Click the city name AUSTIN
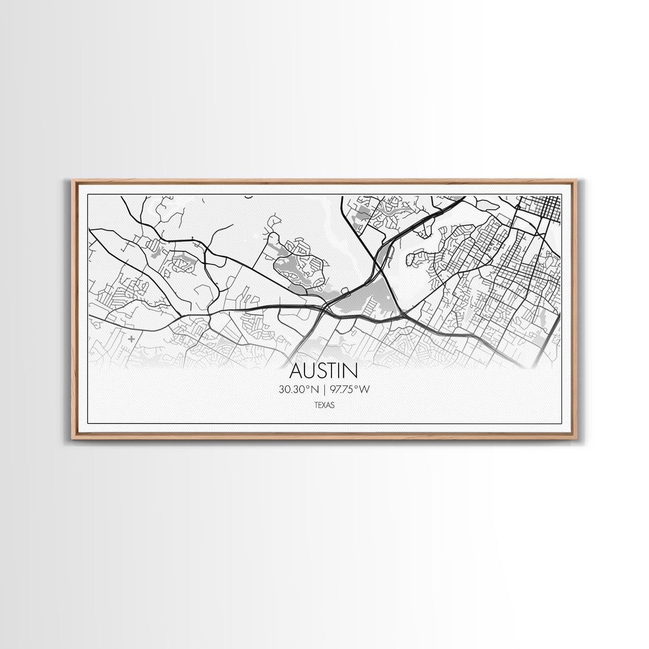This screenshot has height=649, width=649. [x=324, y=371]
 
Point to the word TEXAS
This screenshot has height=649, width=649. [x=324, y=405]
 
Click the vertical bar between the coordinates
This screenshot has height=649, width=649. [x=323, y=390]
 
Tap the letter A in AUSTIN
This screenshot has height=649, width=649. [x=297, y=371]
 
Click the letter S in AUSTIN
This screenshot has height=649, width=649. [x=323, y=371]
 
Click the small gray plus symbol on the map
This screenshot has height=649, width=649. [x=131, y=339]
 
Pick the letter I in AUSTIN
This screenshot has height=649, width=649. [x=342, y=371]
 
